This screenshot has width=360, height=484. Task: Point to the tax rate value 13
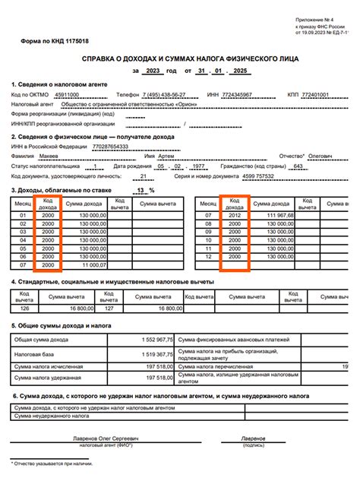[x=139, y=190]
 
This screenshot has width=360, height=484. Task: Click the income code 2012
[x=235, y=216]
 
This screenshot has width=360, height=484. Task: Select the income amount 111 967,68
[x=276, y=216]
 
